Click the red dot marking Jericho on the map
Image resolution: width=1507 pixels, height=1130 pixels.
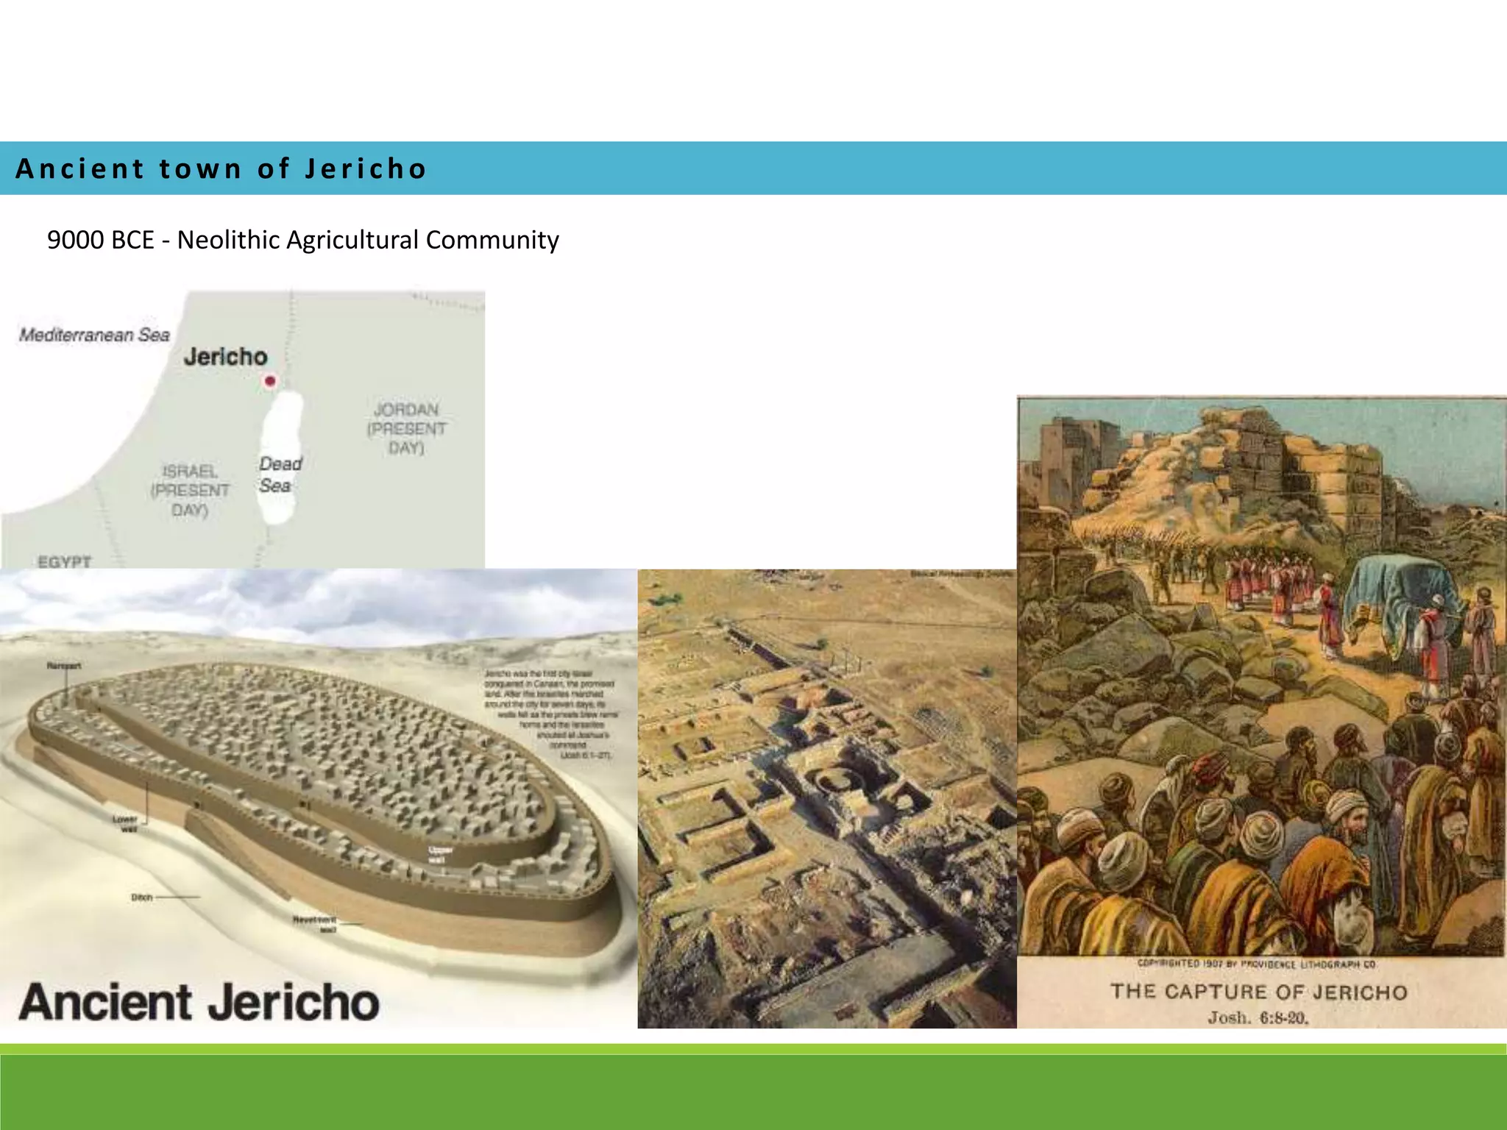[270, 380]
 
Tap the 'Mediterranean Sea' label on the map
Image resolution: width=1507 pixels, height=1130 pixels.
[94, 335]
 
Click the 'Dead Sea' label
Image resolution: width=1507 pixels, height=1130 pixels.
[280, 475]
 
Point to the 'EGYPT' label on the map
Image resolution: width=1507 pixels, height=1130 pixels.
[65, 561]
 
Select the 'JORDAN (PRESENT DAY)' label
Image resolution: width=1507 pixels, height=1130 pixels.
[406, 428]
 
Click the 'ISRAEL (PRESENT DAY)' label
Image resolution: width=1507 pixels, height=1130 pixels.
[190, 490]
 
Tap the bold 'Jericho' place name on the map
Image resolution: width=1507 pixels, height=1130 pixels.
[225, 357]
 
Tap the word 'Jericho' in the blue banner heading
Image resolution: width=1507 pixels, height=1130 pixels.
[365, 168]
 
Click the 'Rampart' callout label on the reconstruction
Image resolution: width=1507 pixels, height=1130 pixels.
[64, 666]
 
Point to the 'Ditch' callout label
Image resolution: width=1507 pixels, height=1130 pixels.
[142, 897]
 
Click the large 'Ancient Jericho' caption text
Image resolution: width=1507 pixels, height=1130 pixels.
[199, 1002]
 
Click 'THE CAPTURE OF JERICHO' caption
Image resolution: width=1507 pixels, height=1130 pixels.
[1258, 992]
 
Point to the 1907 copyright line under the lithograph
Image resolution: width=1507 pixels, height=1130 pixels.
[1257, 964]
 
